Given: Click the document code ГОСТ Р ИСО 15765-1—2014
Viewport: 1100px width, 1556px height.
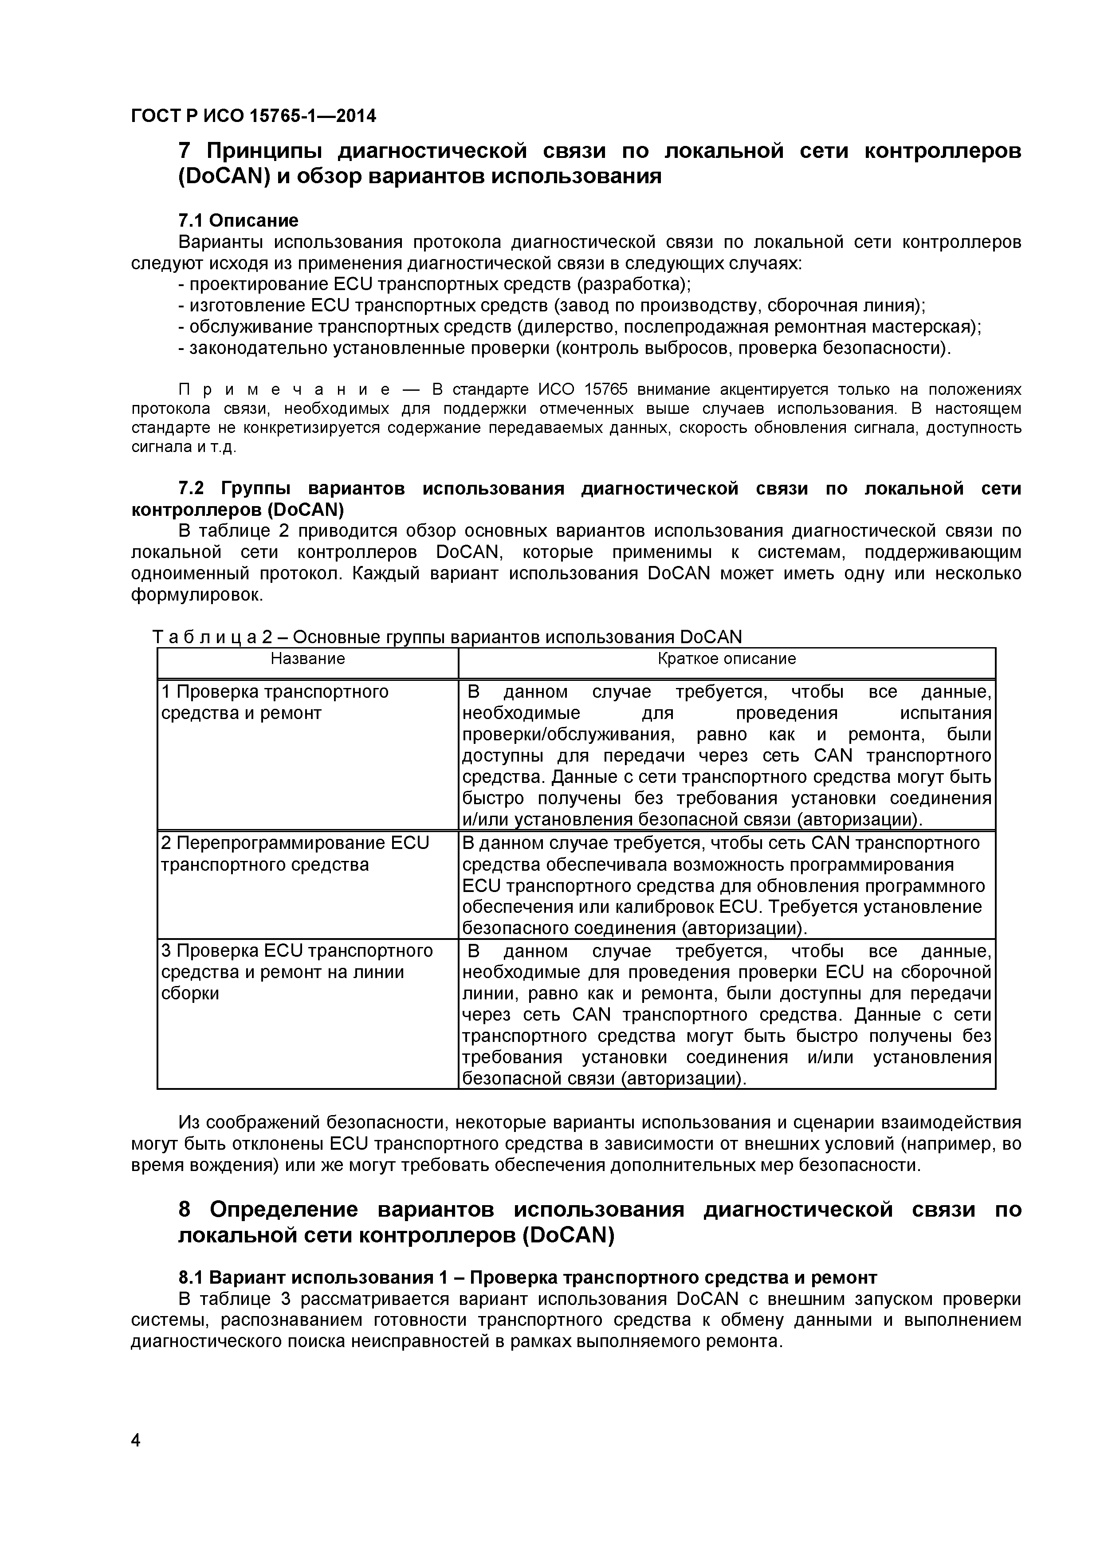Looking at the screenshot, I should click(x=253, y=117).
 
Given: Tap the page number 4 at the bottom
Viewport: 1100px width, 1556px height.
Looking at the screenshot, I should click(x=136, y=1459).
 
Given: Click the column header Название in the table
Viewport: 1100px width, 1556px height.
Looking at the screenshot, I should click(x=308, y=659).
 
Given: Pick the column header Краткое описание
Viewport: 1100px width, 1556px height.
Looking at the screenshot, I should click(x=727, y=659).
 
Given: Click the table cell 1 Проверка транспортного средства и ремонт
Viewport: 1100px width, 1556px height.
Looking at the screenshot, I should click(x=275, y=702).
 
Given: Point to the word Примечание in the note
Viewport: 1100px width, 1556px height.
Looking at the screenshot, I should click(x=285, y=390).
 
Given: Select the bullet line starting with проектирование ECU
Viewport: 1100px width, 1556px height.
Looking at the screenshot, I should click(x=439, y=283).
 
